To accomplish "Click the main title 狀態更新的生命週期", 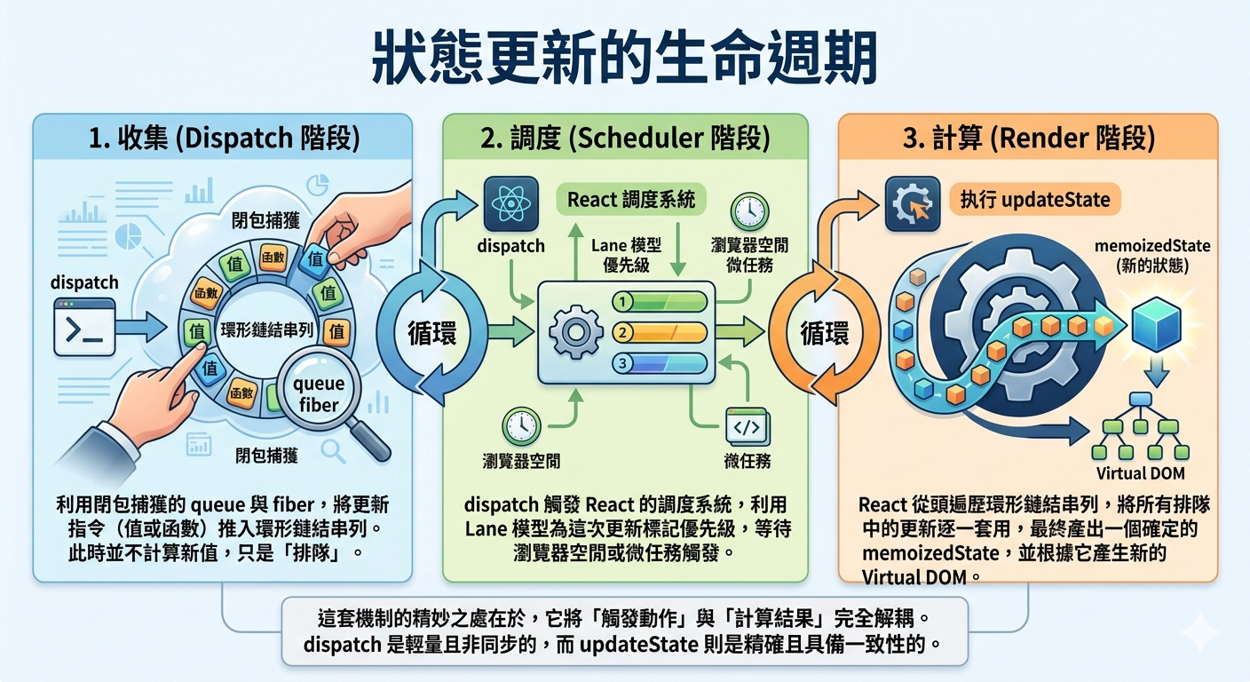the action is [x=624, y=58].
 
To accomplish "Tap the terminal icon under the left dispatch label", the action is [x=84, y=327].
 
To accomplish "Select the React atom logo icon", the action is [x=511, y=203].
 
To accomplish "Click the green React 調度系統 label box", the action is [x=631, y=199].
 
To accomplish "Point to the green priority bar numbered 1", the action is [x=661, y=302].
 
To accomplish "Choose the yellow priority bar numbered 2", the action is [x=661, y=333].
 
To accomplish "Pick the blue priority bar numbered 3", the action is [x=661, y=363].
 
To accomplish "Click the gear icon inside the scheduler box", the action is [x=575, y=333].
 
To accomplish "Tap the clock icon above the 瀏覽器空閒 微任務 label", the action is [x=749, y=211].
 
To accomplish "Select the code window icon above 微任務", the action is [x=748, y=427].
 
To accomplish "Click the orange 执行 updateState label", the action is [x=1035, y=199].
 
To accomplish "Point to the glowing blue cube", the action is [x=1156, y=324].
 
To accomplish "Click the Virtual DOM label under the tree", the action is [x=1140, y=473].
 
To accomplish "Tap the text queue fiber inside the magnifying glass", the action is [x=319, y=394].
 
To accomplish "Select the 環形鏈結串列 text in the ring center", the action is [x=266, y=330].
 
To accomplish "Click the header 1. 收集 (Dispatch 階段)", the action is [x=225, y=138].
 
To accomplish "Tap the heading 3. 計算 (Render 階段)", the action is [x=1029, y=138].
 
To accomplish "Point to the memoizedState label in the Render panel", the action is [x=1151, y=246].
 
